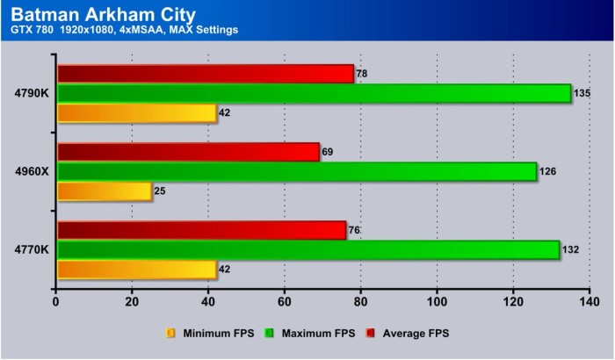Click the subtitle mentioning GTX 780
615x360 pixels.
click(x=125, y=31)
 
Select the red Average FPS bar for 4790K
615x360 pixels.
click(x=205, y=74)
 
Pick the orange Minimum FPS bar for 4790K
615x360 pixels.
click(x=136, y=112)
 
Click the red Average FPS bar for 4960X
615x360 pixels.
click(x=188, y=152)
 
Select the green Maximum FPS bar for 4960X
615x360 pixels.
click(x=296, y=171)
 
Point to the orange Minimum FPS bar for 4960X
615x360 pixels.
click(x=104, y=191)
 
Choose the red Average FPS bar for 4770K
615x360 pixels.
click(x=201, y=230)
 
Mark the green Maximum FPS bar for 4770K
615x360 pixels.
click(x=307, y=249)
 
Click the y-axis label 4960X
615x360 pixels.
click(x=31, y=171)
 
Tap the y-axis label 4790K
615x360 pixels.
click(x=31, y=93)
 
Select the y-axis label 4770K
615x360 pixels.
click(x=31, y=249)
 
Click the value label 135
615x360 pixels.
click(x=583, y=93)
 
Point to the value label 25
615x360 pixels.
click(x=161, y=191)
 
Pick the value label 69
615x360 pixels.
click(x=328, y=152)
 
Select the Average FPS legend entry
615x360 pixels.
click(x=412, y=333)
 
